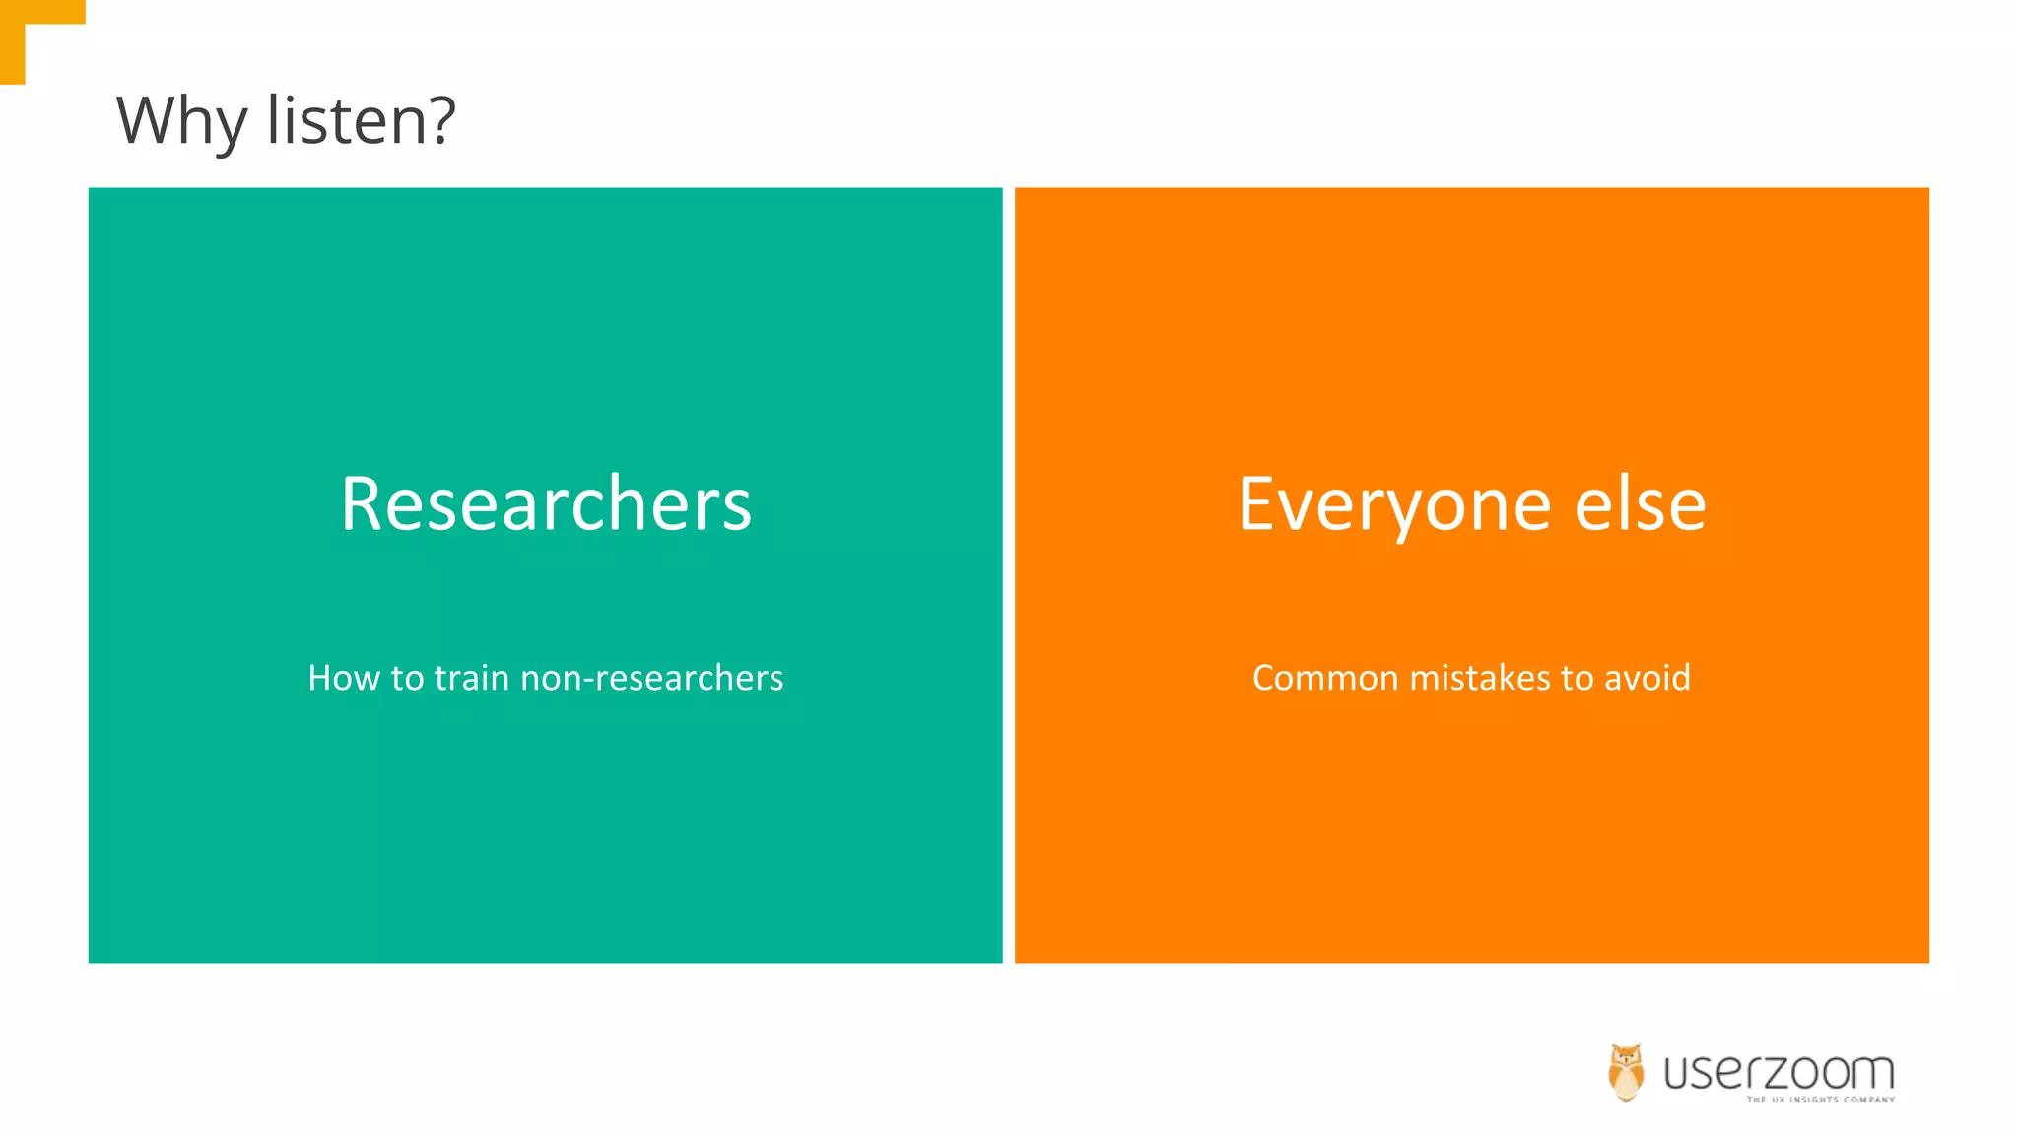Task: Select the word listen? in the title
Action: click(x=361, y=120)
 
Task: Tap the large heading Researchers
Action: click(x=546, y=504)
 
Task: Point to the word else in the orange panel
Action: click(x=1641, y=504)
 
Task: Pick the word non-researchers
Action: click(x=651, y=678)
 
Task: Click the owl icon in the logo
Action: click(x=1626, y=1073)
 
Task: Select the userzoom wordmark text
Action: click(x=1779, y=1072)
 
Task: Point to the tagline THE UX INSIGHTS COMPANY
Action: click(x=1821, y=1100)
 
